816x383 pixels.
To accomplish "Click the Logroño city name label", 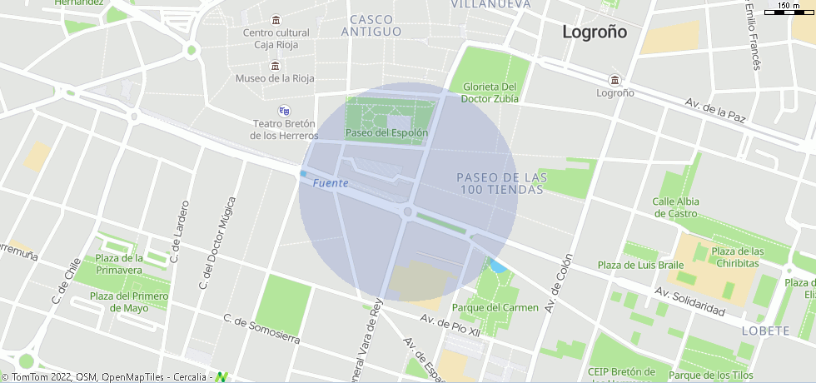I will coord(595,32).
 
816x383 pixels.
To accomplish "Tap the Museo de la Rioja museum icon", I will coord(275,66).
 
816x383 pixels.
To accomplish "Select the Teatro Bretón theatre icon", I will coord(284,110).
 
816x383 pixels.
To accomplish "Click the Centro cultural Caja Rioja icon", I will coord(276,20).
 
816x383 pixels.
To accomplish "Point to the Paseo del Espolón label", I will coord(386,132).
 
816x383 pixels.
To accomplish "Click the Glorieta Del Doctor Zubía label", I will coord(490,92).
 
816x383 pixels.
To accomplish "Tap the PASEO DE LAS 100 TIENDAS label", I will coord(500,183).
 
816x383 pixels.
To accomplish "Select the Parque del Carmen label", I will coord(495,307).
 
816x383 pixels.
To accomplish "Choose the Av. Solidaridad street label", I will coord(689,301).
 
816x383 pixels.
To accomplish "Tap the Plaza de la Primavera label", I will coord(119,264).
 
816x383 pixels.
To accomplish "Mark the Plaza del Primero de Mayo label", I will coord(129,301).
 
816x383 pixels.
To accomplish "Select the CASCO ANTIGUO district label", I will coord(371,25).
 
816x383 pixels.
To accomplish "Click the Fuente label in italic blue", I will coord(331,183).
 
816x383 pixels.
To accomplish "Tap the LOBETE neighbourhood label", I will coord(764,331).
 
